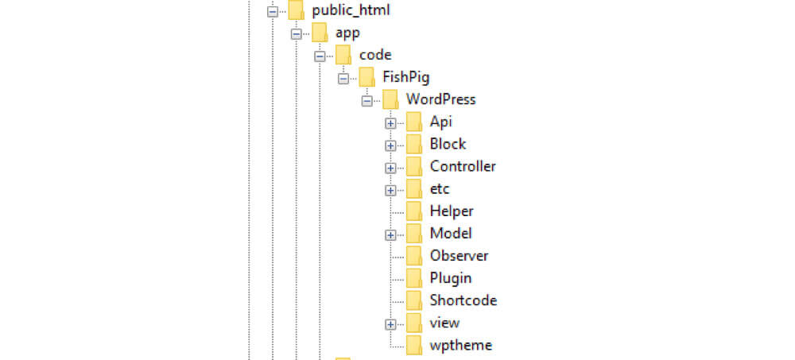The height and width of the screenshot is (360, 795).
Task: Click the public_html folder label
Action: point(351,10)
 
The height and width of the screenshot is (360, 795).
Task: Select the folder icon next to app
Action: point(320,33)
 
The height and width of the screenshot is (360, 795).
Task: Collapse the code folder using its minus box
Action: point(320,56)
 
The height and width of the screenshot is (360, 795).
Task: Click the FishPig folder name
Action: point(406,77)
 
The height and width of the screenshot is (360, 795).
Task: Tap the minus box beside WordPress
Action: point(366,101)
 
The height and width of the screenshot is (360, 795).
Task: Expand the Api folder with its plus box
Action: point(390,123)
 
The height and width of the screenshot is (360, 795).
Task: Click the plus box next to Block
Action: point(390,145)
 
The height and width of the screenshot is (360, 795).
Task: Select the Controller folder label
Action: point(463,166)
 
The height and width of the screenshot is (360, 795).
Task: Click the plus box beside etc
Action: point(390,190)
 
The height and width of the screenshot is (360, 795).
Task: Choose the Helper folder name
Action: point(452,211)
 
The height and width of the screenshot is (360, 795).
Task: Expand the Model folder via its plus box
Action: point(390,234)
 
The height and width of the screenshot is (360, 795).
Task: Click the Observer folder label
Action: point(459,255)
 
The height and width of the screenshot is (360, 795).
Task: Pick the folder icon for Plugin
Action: point(413,277)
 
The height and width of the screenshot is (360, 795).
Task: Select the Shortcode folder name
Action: point(463,300)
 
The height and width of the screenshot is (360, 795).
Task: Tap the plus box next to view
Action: point(390,323)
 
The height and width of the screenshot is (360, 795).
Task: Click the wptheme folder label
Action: point(460,345)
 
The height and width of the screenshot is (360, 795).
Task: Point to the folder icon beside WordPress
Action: point(390,99)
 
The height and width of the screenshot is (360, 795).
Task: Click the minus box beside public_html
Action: point(273,12)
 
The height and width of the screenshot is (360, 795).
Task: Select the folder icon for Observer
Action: point(413,255)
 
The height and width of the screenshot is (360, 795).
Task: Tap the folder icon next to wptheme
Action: point(413,344)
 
